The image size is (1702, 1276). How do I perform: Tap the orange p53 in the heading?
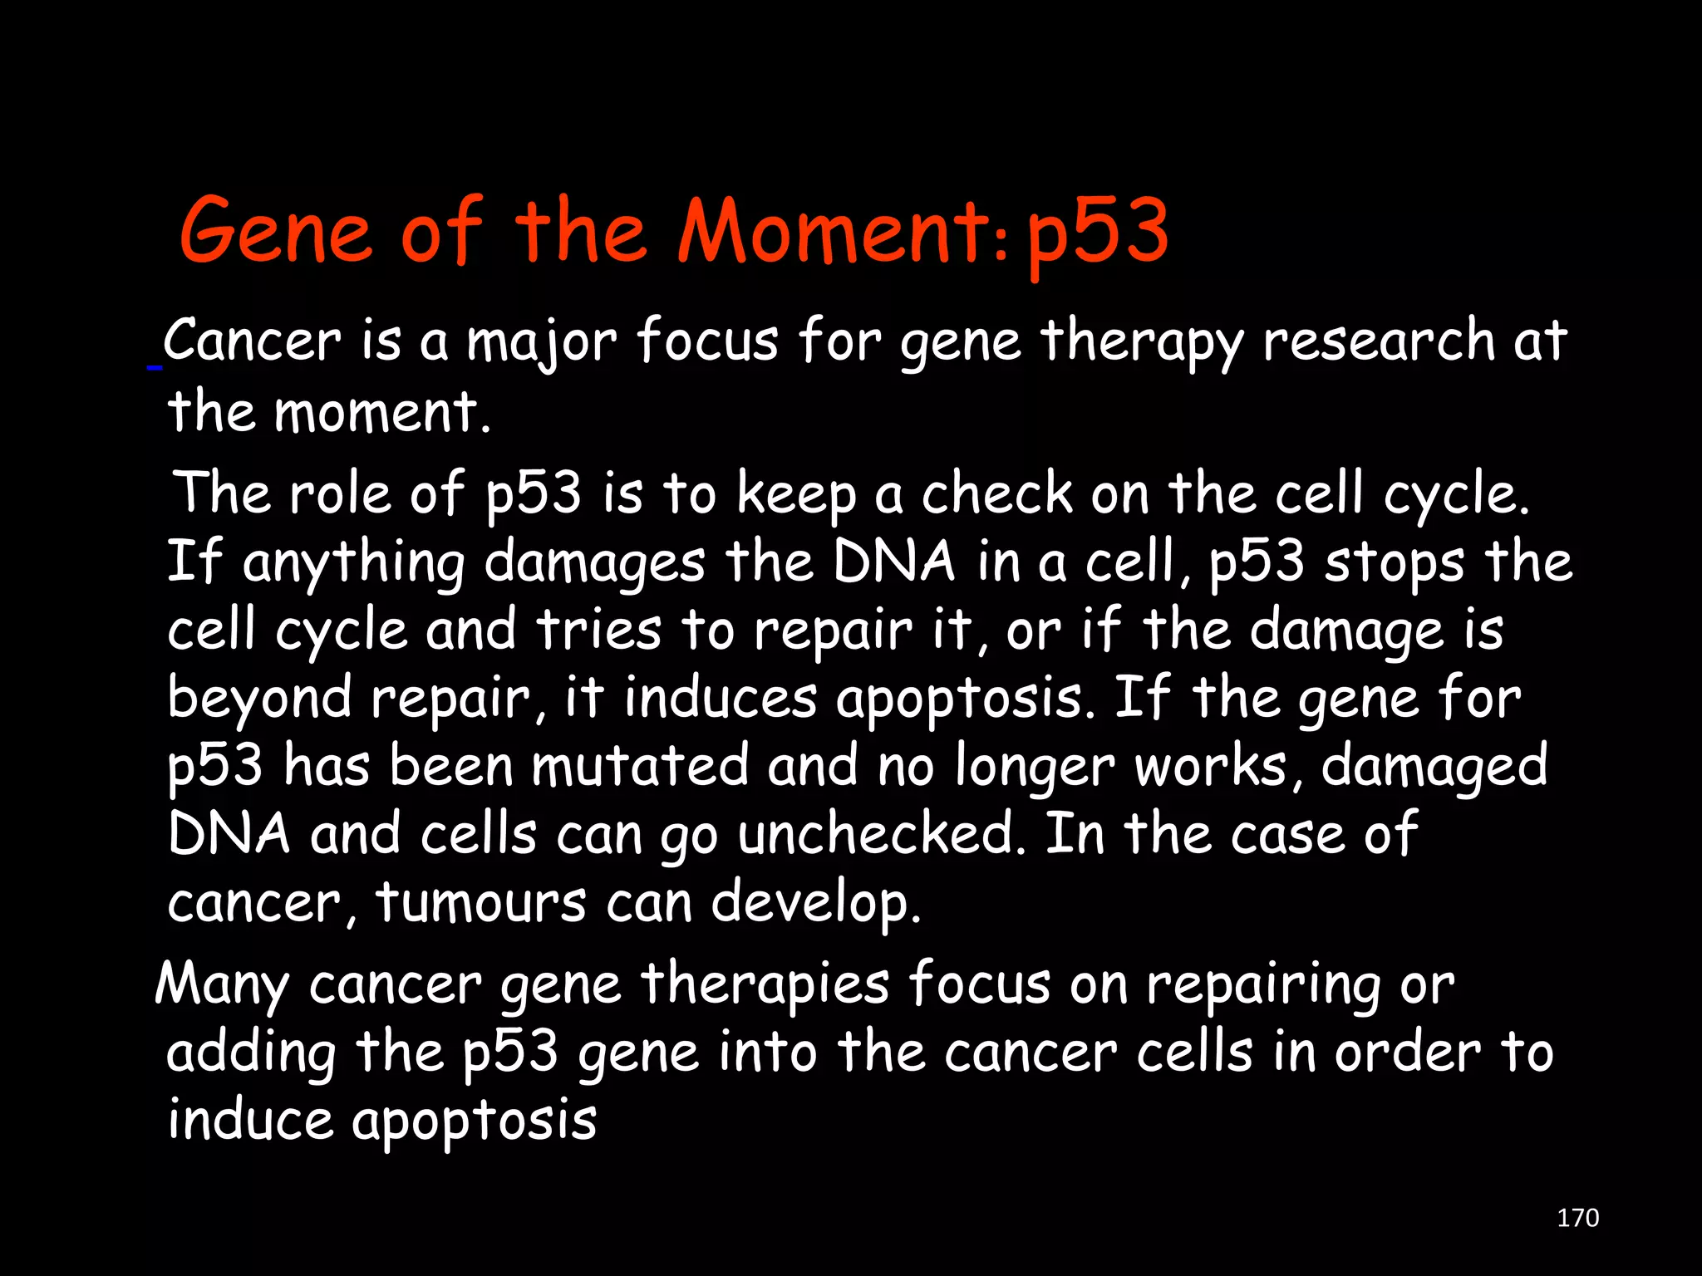(1097, 233)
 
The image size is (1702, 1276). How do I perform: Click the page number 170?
(1577, 1218)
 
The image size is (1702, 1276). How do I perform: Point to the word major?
(541, 342)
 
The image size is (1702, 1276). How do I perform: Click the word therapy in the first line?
(1142, 342)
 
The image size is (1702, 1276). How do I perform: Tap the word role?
(340, 493)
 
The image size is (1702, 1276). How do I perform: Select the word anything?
(353, 562)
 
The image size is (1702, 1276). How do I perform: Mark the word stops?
(1394, 562)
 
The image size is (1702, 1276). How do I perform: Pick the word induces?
(721, 698)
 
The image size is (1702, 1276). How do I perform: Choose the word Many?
(222, 985)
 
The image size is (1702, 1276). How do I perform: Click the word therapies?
(765, 984)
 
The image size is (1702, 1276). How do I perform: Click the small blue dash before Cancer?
(154, 366)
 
